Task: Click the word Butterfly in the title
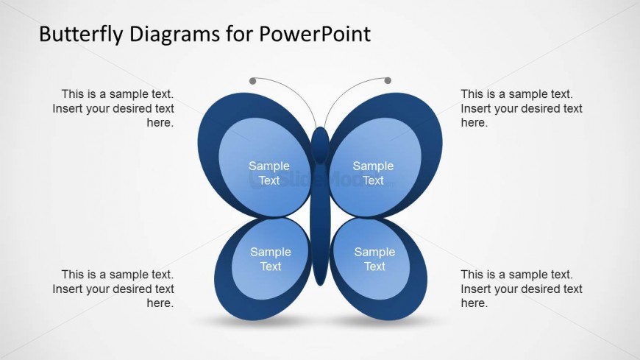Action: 81,35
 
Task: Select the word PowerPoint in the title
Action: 315,34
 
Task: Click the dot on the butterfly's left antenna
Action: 252,81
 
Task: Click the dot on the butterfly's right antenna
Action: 388,80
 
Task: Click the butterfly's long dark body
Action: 320,224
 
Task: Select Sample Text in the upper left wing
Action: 269,173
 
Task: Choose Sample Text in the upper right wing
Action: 373,173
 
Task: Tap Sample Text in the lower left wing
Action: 271,259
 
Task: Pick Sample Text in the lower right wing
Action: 374,259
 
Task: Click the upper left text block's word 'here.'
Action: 160,123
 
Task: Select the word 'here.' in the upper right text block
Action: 474,123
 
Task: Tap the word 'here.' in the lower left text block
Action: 160,303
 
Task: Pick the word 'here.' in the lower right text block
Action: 474,303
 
